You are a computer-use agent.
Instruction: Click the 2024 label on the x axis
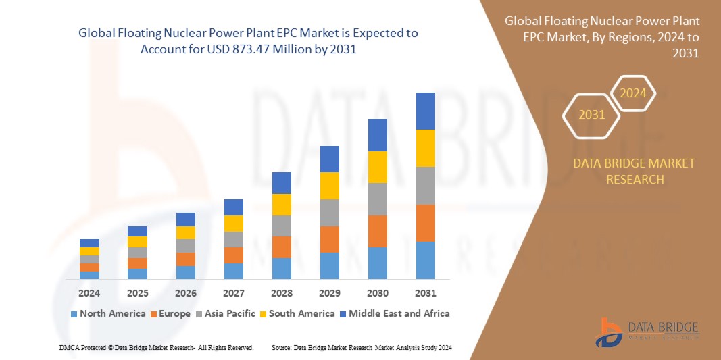tap(89, 294)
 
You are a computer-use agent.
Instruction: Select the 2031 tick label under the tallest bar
tap(425, 294)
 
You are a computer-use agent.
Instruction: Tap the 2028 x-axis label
tap(281, 294)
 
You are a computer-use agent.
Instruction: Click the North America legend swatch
tap(74, 314)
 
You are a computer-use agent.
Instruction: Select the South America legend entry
tap(297, 313)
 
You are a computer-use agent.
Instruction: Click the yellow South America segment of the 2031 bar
tap(425, 148)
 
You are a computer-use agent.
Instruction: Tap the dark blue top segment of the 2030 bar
tap(377, 135)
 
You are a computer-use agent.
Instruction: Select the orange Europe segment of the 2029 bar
tap(329, 239)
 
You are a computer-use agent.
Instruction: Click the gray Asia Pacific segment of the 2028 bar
tap(281, 226)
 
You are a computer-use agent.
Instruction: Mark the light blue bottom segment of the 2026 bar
tap(185, 272)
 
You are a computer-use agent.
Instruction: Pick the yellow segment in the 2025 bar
tap(137, 242)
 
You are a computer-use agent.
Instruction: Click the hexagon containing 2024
tap(633, 93)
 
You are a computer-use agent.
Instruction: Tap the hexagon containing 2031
tap(591, 115)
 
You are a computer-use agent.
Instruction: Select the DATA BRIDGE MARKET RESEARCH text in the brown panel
tap(634, 172)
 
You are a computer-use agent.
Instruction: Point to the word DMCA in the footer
tap(69, 347)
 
